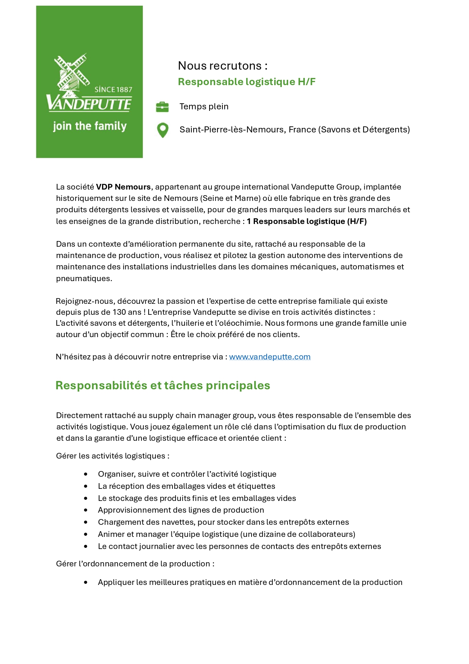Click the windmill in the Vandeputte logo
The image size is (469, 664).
(x=71, y=73)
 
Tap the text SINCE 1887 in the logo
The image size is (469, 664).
(x=113, y=90)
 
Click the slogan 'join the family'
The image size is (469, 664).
(x=90, y=126)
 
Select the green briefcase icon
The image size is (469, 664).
(x=162, y=107)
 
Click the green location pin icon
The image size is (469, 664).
(x=163, y=130)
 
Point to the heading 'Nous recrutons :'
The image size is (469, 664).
(x=223, y=66)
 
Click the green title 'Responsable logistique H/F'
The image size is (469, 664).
(x=247, y=82)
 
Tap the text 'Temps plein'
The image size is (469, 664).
(x=204, y=107)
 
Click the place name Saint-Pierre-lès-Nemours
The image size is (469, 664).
(x=232, y=130)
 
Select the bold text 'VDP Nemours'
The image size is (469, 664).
(x=123, y=187)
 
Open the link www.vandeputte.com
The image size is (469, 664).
(x=270, y=357)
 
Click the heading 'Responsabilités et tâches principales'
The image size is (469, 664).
(x=163, y=386)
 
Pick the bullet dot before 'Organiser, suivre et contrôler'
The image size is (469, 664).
(x=86, y=474)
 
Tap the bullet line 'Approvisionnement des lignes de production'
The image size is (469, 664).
(x=181, y=510)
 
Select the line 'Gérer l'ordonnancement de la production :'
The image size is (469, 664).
(x=135, y=564)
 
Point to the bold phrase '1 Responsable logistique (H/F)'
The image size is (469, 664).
(x=307, y=221)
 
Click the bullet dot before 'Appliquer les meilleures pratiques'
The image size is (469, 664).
(x=86, y=582)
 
